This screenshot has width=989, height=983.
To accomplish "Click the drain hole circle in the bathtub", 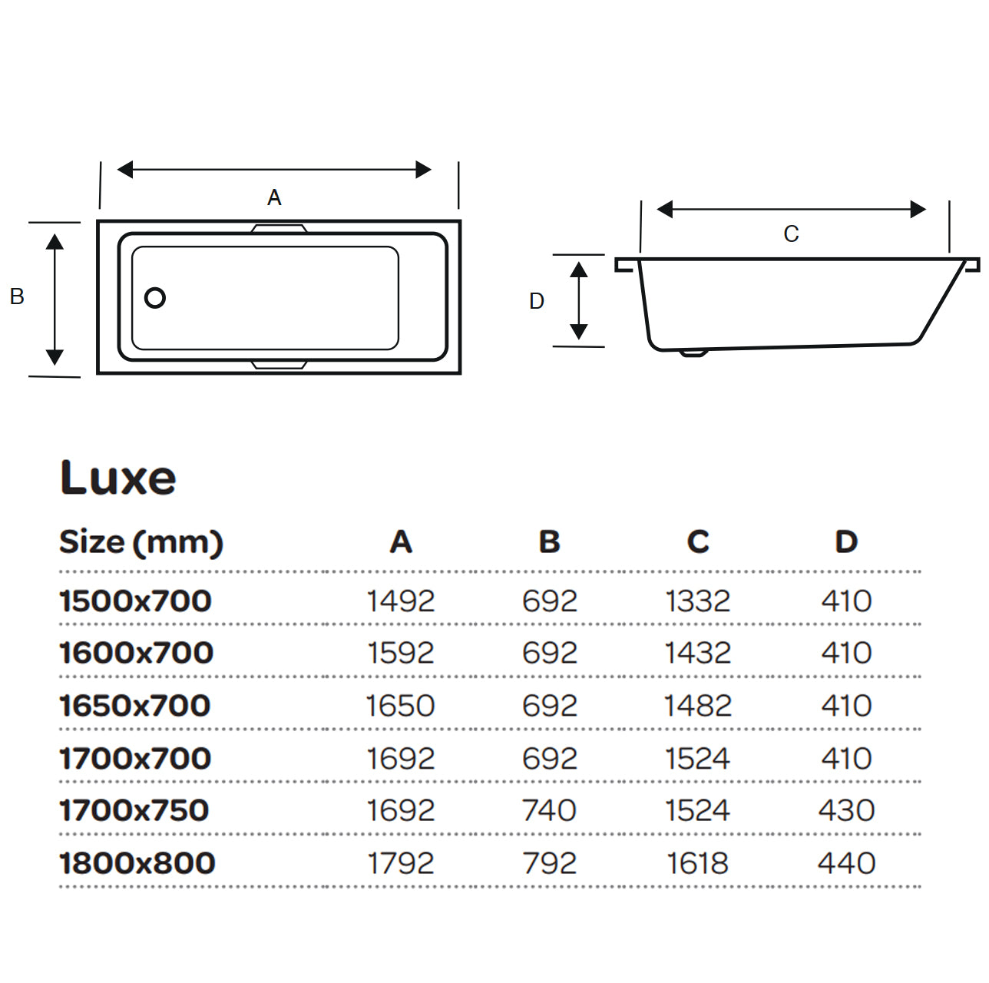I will pyautogui.click(x=155, y=298).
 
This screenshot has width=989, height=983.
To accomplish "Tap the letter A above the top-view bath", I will pyautogui.click(x=274, y=198).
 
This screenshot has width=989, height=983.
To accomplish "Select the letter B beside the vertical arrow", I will pyautogui.click(x=17, y=296).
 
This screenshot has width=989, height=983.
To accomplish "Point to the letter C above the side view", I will pyautogui.click(x=791, y=234).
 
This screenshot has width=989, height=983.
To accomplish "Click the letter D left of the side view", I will pyautogui.click(x=537, y=301).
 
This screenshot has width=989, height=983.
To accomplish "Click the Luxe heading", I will pyautogui.click(x=118, y=478).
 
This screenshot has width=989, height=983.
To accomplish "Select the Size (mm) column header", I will pyautogui.click(x=141, y=542).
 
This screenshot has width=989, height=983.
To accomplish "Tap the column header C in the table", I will pyautogui.click(x=697, y=542).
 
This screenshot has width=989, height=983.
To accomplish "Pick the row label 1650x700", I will pyautogui.click(x=135, y=706).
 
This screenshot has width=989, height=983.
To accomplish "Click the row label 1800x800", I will pyautogui.click(x=137, y=863).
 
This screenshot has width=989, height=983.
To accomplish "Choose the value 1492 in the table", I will pyautogui.click(x=400, y=601).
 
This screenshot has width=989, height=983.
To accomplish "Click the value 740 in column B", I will pyautogui.click(x=549, y=810).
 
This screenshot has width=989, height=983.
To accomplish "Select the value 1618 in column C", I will pyautogui.click(x=697, y=863).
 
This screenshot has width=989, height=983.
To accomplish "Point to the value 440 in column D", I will pyautogui.click(x=846, y=863).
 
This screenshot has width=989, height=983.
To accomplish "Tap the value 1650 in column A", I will pyautogui.click(x=400, y=706).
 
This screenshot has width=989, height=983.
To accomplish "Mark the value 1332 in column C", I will pyautogui.click(x=697, y=601).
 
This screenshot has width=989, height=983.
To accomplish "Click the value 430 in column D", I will pyautogui.click(x=846, y=810).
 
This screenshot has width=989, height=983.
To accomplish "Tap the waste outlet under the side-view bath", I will pyautogui.click(x=693, y=353).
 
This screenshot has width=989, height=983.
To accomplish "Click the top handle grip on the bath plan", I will pyautogui.click(x=279, y=228).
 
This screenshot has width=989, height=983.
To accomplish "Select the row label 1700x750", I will pyautogui.click(x=134, y=810).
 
